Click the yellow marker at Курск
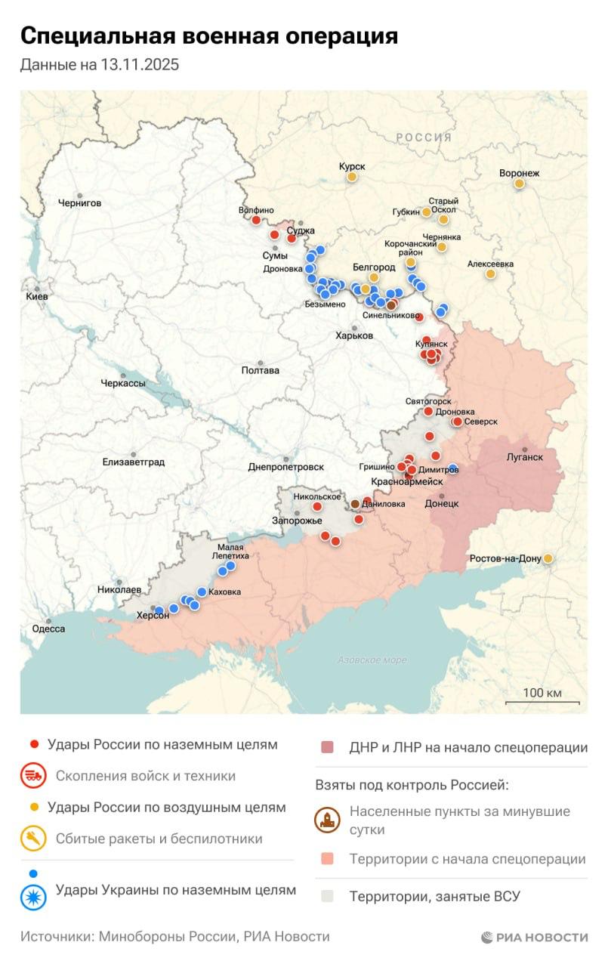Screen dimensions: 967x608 (351, 177)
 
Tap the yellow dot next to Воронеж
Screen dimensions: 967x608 (519, 184)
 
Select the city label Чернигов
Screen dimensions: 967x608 (79, 203)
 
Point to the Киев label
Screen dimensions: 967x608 (36, 297)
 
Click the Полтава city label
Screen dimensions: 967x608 (260, 370)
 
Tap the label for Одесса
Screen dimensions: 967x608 (48, 629)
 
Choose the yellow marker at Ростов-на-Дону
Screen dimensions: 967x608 (548, 558)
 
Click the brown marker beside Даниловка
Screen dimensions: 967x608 (355, 504)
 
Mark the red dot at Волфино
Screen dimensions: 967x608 (256, 221)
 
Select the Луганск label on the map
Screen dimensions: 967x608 (524, 457)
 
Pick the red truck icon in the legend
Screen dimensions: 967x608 (32, 776)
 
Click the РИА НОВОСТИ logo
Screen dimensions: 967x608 (534, 938)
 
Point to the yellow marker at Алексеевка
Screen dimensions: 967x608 (490, 273)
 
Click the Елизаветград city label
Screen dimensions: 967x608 (133, 462)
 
